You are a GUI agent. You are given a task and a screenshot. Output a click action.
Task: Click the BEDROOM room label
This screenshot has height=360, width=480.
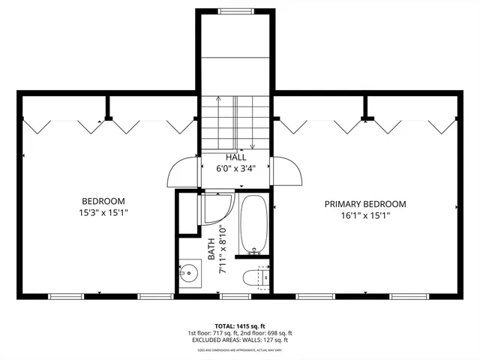tap(103, 201)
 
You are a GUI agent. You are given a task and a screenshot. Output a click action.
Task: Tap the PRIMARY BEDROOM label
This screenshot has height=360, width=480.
tap(364, 204)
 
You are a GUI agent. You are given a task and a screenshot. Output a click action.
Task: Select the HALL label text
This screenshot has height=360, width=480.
tap(235, 157)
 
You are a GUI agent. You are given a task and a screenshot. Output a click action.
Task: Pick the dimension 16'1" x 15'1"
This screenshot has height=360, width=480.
tap(364, 216)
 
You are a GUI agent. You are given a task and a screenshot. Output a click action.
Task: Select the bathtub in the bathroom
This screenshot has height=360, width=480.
tap(253, 225)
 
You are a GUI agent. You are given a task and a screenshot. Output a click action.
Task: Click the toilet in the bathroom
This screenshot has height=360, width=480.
tap(251, 278)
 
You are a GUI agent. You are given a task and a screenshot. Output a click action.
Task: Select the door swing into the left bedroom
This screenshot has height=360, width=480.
tap(182, 172)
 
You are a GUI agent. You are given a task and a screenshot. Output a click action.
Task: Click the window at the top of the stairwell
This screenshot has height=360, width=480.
tap(235, 11)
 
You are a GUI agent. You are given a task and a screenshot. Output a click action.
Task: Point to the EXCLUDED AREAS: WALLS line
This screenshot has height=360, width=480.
tap(239, 340)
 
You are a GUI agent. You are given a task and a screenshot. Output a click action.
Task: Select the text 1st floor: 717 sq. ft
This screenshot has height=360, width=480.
tap(212, 334)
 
